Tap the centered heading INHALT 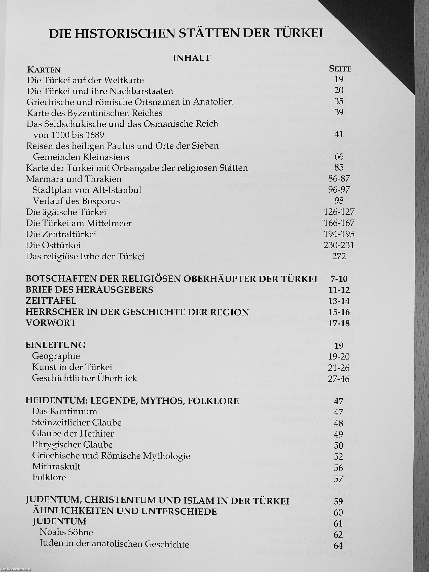(x=192, y=58)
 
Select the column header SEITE (x=340, y=69)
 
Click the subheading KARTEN (x=44, y=70)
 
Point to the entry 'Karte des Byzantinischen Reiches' (x=94, y=113)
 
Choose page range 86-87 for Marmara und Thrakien (x=339, y=179)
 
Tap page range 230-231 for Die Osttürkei (x=339, y=245)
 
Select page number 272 (x=339, y=256)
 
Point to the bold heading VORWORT (x=51, y=323)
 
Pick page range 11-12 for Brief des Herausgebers (x=339, y=290)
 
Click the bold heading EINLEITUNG (x=55, y=345)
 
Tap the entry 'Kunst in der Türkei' (x=72, y=367)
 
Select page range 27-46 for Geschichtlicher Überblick (x=339, y=379)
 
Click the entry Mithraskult (x=56, y=467)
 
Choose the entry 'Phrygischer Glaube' (x=73, y=445)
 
